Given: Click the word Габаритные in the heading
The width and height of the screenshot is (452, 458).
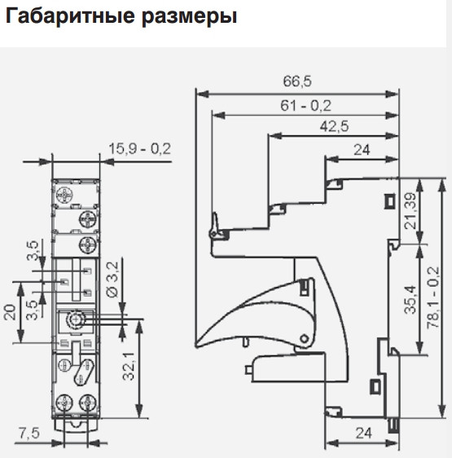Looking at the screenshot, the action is [x=69, y=16].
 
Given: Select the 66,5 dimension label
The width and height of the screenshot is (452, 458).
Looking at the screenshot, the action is [x=297, y=81].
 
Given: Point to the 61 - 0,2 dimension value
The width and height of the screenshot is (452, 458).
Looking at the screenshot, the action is [x=305, y=105].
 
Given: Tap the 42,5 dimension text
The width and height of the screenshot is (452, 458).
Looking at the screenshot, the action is [x=334, y=127].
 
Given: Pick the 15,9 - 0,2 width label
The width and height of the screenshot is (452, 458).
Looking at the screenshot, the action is [x=139, y=149].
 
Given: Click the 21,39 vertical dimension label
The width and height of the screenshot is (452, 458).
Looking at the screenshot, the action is [x=410, y=211].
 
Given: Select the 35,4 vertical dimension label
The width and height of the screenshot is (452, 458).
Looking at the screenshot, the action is [x=410, y=300].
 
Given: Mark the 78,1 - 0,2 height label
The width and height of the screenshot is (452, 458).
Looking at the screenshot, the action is [x=432, y=297].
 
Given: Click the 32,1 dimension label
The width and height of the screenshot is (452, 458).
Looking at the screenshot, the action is [x=129, y=366].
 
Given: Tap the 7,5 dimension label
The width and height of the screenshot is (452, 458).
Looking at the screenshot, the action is [x=29, y=433].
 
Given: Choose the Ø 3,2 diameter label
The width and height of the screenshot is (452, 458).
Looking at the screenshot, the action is [x=112, y=280].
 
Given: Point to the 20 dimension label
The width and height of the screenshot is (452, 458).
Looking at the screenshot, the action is [x=10, y=312].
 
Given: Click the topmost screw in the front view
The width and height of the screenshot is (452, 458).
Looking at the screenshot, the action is [x=64, y=194].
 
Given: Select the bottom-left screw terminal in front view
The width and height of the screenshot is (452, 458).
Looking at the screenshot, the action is [x=64, y=403].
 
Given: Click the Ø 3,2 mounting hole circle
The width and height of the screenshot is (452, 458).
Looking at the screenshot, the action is [x=77, y=320].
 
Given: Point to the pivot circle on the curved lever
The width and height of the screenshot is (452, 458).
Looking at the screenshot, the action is [x=305, y=338].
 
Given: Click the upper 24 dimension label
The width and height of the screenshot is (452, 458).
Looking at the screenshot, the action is [x=362, y=150].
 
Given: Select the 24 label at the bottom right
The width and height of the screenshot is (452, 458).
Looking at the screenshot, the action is [x=364, y=434].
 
